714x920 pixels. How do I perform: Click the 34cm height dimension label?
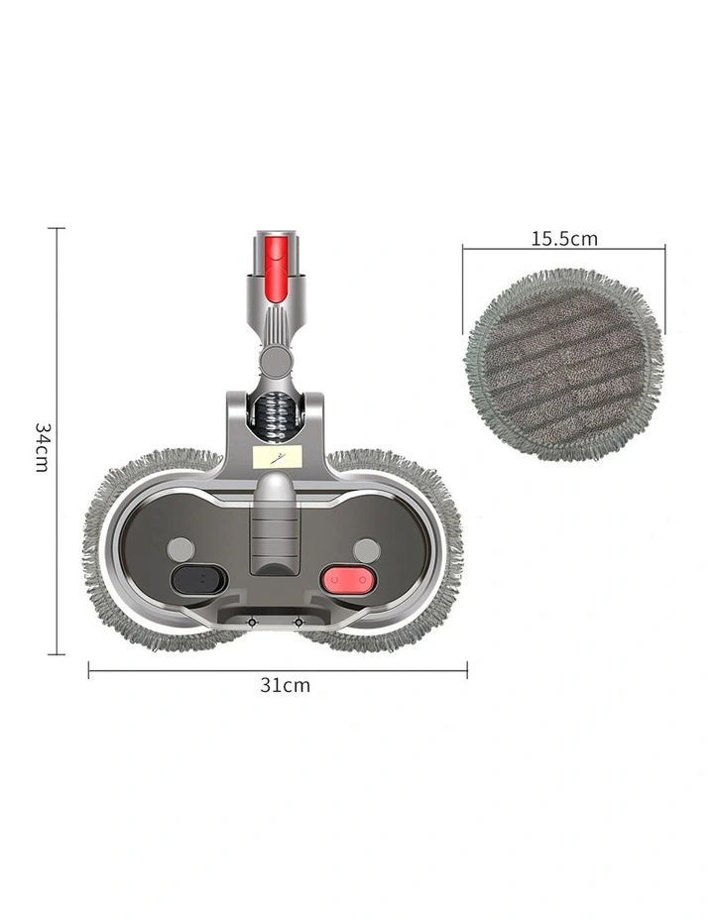(41, 447)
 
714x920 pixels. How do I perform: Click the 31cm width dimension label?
(286, 685)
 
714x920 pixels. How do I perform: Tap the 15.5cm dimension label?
(564, 239)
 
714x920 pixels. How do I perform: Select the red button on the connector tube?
(276, 268)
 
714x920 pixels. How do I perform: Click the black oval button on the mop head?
(199, 580)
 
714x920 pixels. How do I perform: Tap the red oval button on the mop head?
(348, 580)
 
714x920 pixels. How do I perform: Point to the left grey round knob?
(180, 550)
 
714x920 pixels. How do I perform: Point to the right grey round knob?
(367, 551)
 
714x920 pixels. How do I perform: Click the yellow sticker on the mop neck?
(277, 456)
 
